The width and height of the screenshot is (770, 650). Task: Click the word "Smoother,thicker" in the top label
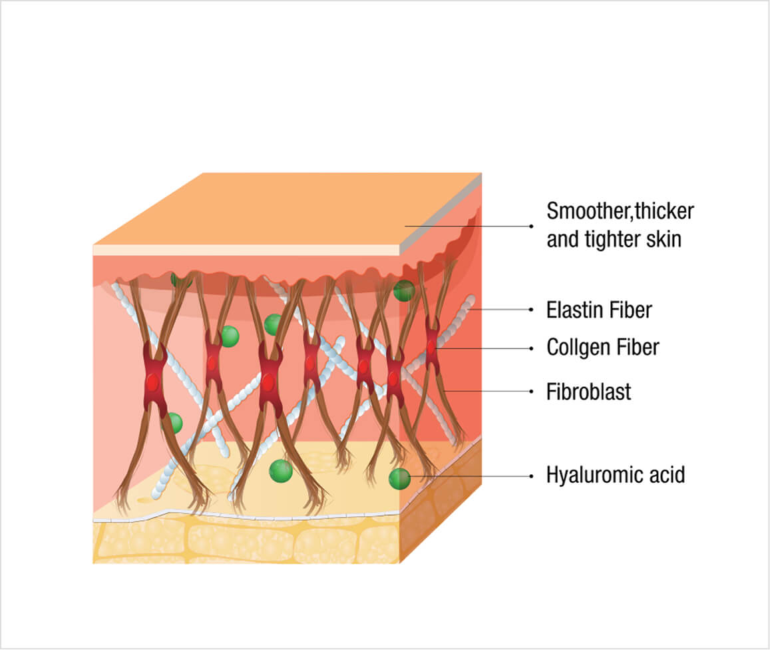coord(620,212)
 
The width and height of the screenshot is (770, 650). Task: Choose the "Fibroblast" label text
coord(588,392)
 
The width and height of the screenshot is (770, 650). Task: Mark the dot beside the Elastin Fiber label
coord(531,310)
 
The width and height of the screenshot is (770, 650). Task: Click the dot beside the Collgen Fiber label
coord(531,348)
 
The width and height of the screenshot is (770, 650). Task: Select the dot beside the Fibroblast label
coord(531,392)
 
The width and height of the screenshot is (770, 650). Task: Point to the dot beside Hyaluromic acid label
coord(531,476)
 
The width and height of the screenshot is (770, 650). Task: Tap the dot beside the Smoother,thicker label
coord(531,226)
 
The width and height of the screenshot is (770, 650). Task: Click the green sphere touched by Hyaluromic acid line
coord(399,478)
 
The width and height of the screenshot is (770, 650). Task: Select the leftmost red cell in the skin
coord(153,382)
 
